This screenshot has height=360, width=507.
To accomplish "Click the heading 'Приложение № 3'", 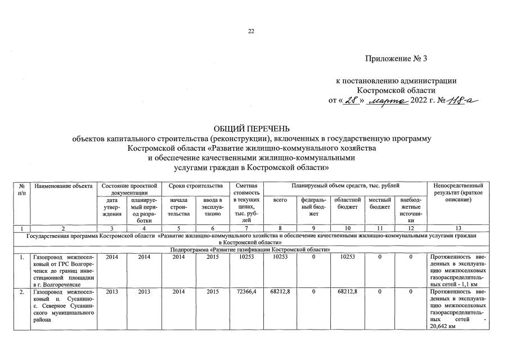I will click(397, 58).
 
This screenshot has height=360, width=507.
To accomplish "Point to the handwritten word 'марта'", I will click(387, 100).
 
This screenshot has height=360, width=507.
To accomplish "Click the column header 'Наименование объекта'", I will click(62, 186).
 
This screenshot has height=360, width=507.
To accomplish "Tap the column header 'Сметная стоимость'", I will click(246, 189).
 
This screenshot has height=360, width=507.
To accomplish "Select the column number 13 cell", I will click(458, 228).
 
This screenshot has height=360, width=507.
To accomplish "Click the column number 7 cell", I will click(246, 228).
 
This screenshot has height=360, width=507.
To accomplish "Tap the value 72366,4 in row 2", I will click(246, 293).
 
